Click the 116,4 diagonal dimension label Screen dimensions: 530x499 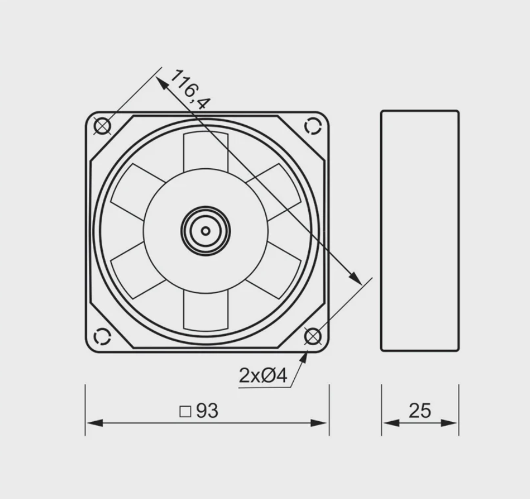pyautogui.click(x=190, y=89)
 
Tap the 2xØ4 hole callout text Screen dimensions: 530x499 pyautogui.click(x=263, y=375)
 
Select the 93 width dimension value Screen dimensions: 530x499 pyautogui.click(x=207, y=411)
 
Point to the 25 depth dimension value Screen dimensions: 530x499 pyautogui.click(x=420, y=411)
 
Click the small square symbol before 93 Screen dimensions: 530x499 pyautogui.click(x=185, y=411)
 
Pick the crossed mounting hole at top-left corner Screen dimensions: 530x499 pyautogui.click(x=102, y=126)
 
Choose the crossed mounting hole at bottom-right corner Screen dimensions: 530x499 pyautogui.click(x=313, y=337)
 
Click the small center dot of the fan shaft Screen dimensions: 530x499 pyautogui.click(x=205, y=231)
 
